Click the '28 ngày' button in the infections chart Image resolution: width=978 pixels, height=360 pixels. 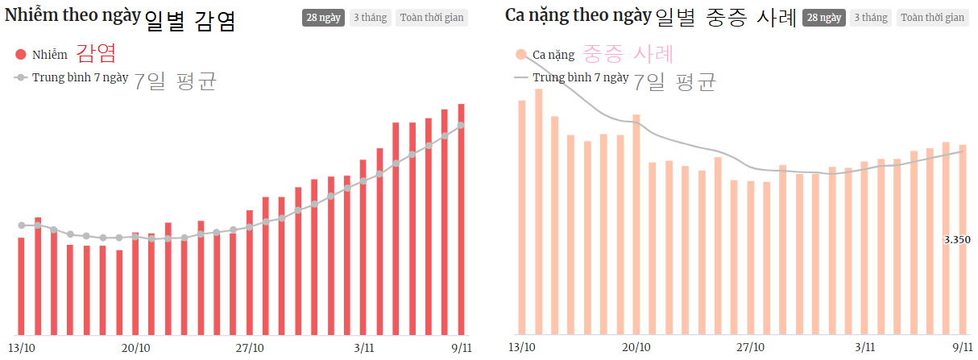[x=322, y=18]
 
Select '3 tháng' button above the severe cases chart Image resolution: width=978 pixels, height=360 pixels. [x=870, y=18]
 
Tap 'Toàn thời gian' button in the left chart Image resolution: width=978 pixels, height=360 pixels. [x=431, y=18]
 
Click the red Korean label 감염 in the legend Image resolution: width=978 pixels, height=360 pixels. [x=97, y=54]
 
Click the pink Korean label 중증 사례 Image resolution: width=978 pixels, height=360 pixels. [x=628, y=54]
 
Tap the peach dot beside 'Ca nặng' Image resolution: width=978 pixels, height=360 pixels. [x=521, y=55]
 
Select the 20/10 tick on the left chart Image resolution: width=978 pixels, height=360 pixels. [x=135, y=348]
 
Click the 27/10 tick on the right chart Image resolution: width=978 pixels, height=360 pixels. [x=751, y=348]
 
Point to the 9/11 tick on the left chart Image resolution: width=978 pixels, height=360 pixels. [x=462, y=348]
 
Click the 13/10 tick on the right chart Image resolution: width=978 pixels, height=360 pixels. [x=522, y=348]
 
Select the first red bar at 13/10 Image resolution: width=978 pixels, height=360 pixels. [x=21, y=286]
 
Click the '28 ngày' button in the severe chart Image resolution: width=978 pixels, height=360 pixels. [x=823, y=18]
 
